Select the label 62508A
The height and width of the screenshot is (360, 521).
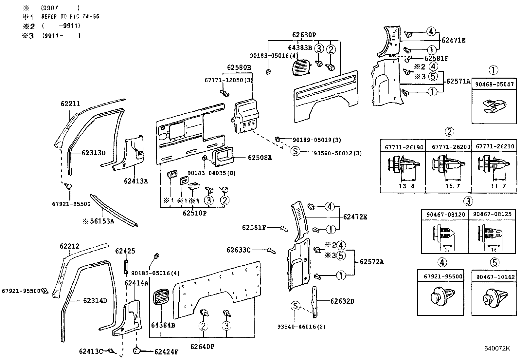point(260,158)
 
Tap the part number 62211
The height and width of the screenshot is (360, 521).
point(70,104)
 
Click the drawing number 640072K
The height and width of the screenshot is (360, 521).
point(497,348)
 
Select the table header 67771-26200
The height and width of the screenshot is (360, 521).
point(448,147)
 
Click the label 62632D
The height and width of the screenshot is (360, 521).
point(342,301)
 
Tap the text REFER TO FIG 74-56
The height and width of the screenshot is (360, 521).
point(70,16)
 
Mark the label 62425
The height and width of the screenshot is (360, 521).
point(125,251)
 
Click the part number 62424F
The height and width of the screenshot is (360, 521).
point(166,352)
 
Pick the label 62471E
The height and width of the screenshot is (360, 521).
point(453,40)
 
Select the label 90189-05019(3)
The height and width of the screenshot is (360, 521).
point(316,140)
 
